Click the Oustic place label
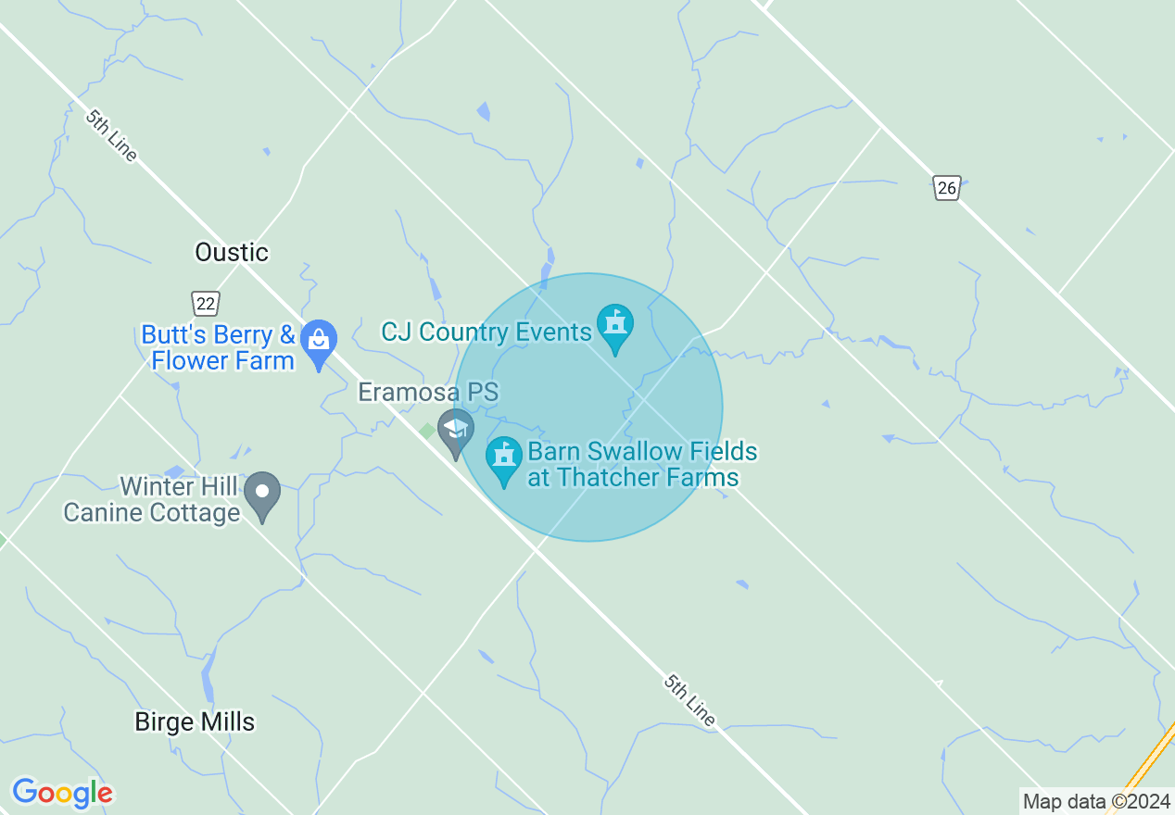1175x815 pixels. point(232,252)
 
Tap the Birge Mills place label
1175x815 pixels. point(195,721)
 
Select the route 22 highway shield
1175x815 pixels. point(206,302)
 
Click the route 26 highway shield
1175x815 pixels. point(946,188)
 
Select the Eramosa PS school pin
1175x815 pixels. point(455,430)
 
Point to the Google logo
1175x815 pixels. point(62,793)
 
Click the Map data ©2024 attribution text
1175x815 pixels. point(1096,801)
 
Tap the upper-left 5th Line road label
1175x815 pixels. point(111,135)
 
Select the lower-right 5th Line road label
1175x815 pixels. point(689,699)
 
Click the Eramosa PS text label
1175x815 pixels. point(428,392)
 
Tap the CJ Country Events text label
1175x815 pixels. point(486,332)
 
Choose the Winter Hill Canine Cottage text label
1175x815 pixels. point(153,499)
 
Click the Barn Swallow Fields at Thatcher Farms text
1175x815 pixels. point(641,465)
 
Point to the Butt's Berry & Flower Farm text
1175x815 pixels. point(220,347)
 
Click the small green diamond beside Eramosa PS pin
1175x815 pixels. point(427,431)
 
